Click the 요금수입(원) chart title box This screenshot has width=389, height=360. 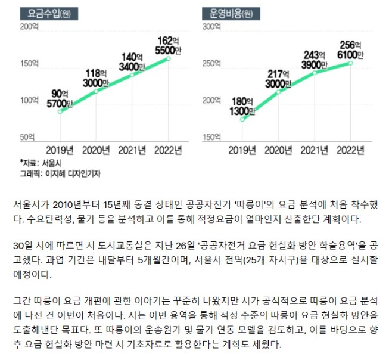(x=49, y=14)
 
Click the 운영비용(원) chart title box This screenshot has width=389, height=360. (x=231, y=14)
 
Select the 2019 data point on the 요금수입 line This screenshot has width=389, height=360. (x=60, y=111)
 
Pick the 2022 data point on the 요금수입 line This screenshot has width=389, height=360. (x=168, y=58)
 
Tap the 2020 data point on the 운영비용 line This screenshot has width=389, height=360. (x=278, y=92)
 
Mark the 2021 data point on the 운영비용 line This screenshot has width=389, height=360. (x=315, y=73)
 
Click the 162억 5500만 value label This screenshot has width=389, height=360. (x=168, y=45)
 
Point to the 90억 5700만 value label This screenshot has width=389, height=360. (x=60, y=98)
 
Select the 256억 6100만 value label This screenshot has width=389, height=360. (x=350, y=50)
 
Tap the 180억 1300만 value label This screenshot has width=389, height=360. (x=242, y=107)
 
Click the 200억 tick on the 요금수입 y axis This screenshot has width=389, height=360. (x=29, y=27)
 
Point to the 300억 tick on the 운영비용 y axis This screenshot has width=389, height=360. (x=211, y=27)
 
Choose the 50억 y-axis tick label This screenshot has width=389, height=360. (x=27, y=137)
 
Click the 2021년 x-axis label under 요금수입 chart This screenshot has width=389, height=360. (x=132, y=150)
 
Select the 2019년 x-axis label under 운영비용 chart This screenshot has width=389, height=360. (x=242, y=150)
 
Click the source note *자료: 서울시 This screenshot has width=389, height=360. (x=41, y=163)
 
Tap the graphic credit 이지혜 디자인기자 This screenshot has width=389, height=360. (x=73, y=173)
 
